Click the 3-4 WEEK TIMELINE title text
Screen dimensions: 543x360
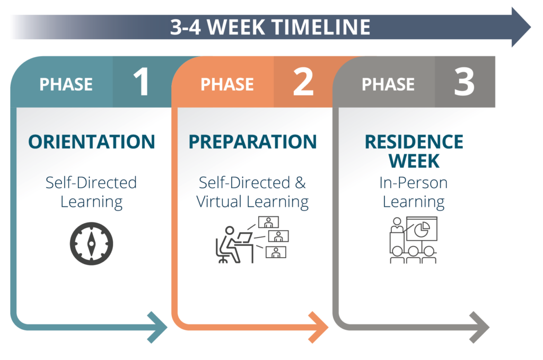click(270, 27)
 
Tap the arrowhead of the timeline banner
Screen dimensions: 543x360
click(521, 27)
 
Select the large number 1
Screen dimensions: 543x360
click(142, 82)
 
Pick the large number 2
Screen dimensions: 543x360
click(303, 82)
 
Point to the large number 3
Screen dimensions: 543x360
click(465, 82)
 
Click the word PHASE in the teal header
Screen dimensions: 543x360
click(66, 84)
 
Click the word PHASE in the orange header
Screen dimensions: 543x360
click(227, 84)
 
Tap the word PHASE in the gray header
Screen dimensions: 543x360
click(388, 84)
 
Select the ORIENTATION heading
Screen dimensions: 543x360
click(92, 142)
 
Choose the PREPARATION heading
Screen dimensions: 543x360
click(253, 142)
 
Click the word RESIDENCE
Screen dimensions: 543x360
click(414, 142)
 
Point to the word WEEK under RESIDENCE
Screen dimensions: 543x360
click(414, 161)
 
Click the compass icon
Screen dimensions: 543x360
click(91, 244)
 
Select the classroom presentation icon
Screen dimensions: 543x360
click(414, 240)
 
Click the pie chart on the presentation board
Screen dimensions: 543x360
click(422, 230)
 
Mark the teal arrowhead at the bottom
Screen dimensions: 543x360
click(157, 327)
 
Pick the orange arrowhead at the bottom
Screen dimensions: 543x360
click(319, 327)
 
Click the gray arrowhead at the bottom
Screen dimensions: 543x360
click(479, 327)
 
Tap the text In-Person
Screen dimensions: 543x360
click(414, 182)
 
